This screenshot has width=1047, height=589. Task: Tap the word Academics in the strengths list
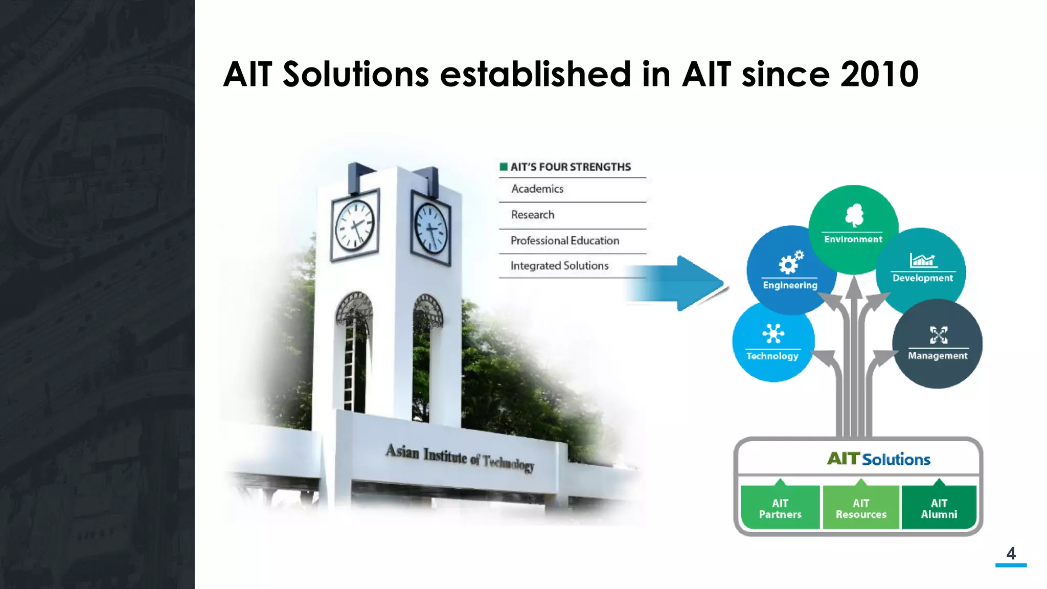pyautogui.click(x=537, y=189)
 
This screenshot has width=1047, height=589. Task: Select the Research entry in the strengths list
pyautogui.click(x=532, y=215)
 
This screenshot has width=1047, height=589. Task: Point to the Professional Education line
pyautogui.click(x=564, y=240)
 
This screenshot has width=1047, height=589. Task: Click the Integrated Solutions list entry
pyautogui.click(x=559, y=266)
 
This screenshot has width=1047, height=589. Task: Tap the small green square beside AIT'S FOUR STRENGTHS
pyautogui.click(x=504, y=167)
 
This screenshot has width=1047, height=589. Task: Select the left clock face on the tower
pyautogui.click(x=354, y=225)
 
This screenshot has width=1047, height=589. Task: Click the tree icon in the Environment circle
pyautogui.click(x=854, y=215)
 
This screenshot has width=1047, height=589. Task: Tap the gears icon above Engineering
pyautogui.click(x=790, y=262)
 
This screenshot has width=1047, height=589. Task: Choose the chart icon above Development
pyautogui.click(x=923, y=260)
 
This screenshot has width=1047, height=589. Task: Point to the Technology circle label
pyautogui.click(x=772, y=356)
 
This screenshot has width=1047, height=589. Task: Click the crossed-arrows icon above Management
pyautogui.click(x=938, y=335)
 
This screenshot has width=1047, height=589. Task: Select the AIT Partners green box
pyautogui.click(x=780, y=508)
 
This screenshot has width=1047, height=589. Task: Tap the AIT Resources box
pyautogui.click(x=861, y=508)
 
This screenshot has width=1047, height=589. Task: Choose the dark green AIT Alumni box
pyautogui.click(x=939, y=508)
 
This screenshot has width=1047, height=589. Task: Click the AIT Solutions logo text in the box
pyautogui.click(x=878, y=459)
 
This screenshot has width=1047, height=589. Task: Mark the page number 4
pyautogui.click(x=1011, y=553)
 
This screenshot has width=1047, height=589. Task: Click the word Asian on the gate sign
pyautogui.click(x=402, y=451)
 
